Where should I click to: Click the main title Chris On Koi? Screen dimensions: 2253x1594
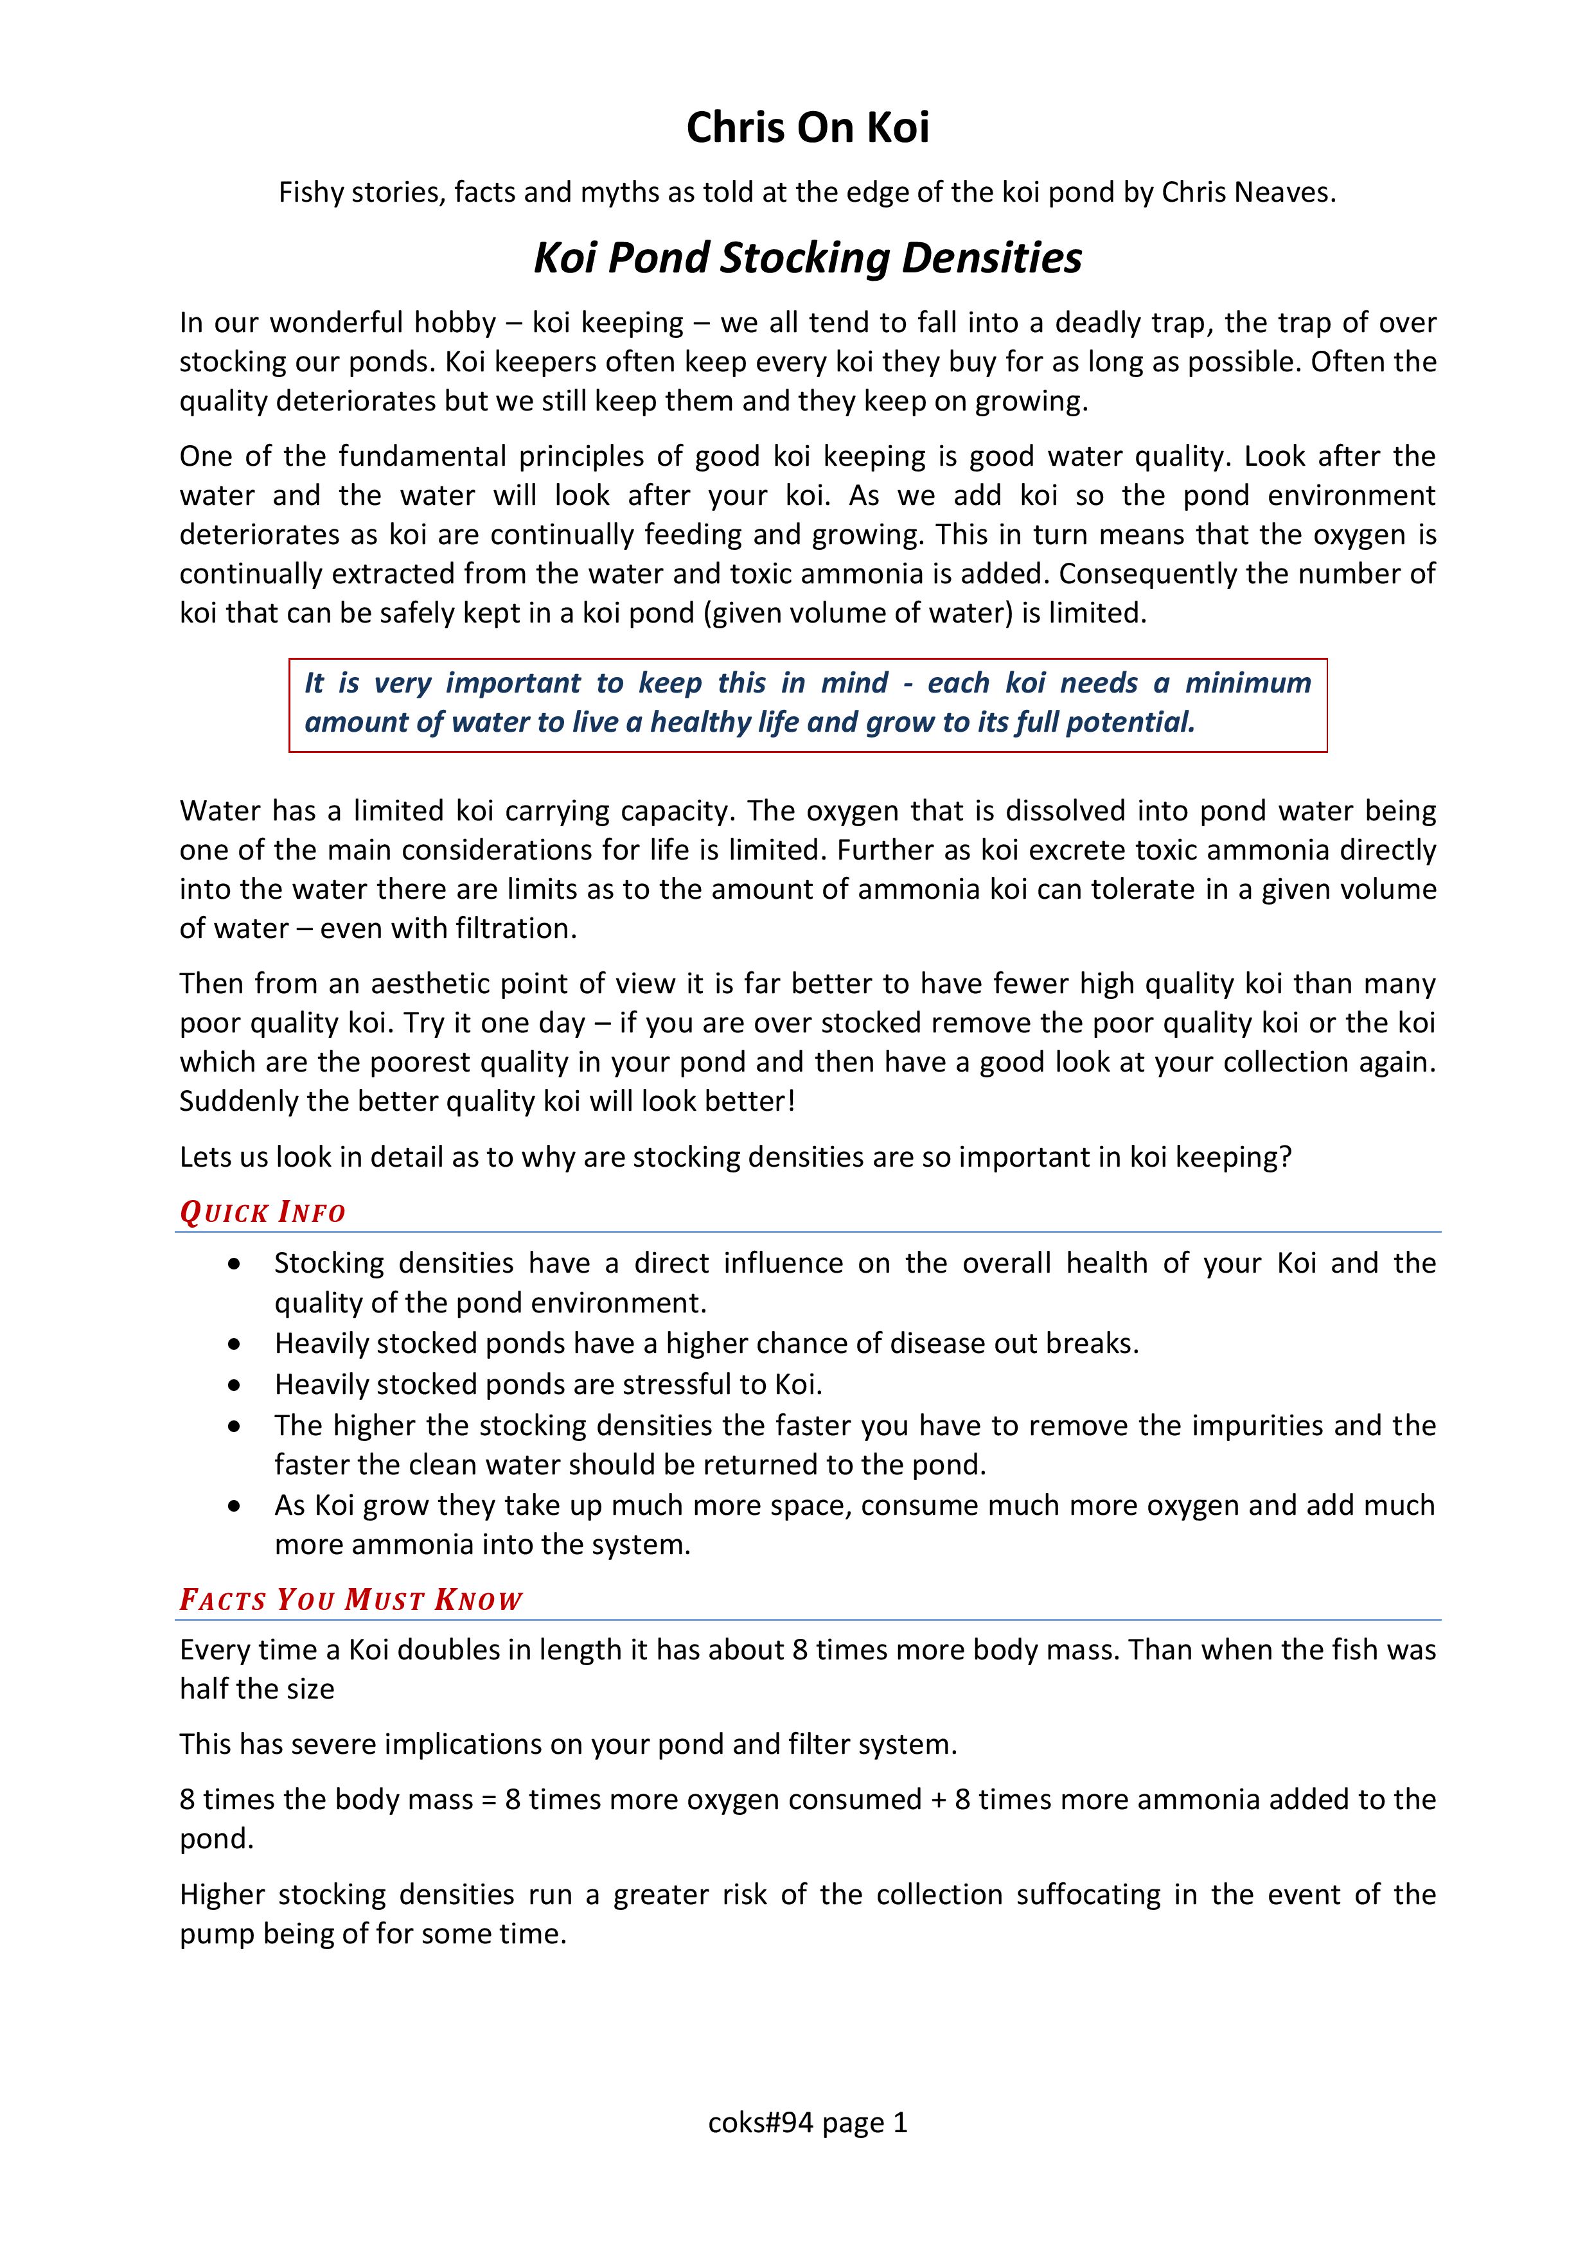click(807, 128)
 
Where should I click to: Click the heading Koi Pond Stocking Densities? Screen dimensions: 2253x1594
click(807, 258)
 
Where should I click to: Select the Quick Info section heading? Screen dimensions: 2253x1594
click(262, 1213)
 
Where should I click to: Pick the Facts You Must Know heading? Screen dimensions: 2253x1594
click(350, 1600)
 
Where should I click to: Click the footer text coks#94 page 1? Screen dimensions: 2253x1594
click(807, 2123)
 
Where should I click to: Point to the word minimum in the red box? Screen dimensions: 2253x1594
click(1248, 683)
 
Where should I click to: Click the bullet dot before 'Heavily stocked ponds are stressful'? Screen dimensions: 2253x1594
click(234, 1384)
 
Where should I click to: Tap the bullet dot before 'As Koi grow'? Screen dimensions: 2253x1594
click(234, 1505)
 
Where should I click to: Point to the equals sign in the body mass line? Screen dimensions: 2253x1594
click(489, 1799)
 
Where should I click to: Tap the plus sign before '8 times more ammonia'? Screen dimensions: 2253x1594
click(938, 1799)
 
